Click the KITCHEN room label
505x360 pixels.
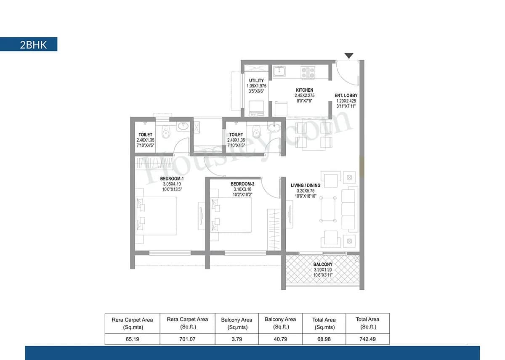(304, 90)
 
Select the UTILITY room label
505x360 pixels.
(256, 80)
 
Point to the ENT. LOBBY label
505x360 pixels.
(346, 95)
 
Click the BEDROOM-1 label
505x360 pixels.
(172, 178)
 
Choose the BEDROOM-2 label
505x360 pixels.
(242, 184)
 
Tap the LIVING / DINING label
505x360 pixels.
(306, 185)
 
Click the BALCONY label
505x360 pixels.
(323, 265)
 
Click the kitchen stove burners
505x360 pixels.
(307, 72)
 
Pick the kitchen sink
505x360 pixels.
(279, 71)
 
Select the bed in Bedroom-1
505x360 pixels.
(157, 215)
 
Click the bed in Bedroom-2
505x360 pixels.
(232, 214)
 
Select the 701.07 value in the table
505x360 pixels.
(187, 339)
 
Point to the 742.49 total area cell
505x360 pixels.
(367, 339)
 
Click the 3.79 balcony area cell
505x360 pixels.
(237, 339)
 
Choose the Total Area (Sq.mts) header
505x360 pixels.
(324, 323)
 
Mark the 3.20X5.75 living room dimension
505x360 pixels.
(306, 191)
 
